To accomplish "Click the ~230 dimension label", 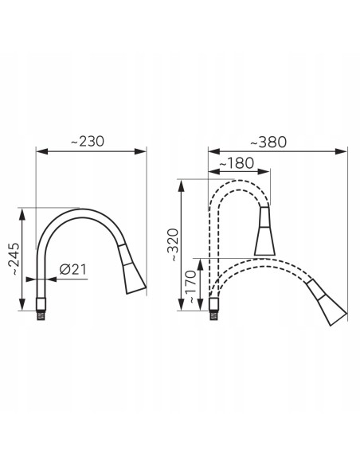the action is (88, 141).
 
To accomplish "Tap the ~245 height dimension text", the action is (14, 259).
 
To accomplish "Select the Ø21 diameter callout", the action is (73, 269).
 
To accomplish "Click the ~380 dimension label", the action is (268, 142).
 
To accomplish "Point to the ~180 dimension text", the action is (237, 162).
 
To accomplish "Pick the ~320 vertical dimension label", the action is (173, 245).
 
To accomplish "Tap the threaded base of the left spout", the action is (41, 309).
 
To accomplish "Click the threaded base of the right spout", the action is (213, 309).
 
